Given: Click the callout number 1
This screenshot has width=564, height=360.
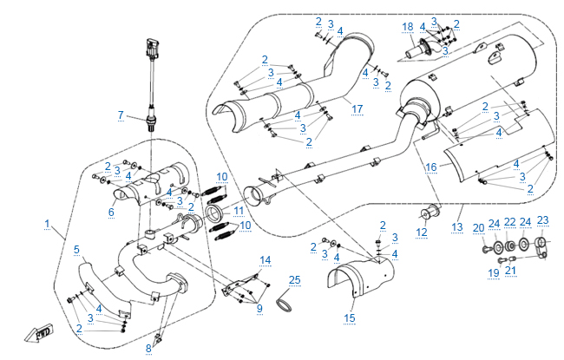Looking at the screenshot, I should (x=47, y=223).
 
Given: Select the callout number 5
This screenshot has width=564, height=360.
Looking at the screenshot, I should (x=76, y=251).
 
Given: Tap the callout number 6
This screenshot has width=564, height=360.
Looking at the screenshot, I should (x=111, y=211).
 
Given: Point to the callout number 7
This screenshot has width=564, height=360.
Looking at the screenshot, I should (x=121, y=115).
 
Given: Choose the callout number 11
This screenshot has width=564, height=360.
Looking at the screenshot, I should (x=239, y=209).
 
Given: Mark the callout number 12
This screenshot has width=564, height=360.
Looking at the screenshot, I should (x=422, y=232).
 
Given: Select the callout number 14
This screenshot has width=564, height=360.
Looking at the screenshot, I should (x=266, y=259).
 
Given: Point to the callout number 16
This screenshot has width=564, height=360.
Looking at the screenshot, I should (x=430, y=164).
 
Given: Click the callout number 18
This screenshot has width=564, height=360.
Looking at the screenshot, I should (x=408, y=27).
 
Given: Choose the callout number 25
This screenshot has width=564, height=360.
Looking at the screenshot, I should (x=294, y=279).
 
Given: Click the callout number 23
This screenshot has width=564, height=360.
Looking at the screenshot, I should (x=543, y=219).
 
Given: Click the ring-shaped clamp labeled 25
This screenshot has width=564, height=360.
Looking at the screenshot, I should (x=283, y=299).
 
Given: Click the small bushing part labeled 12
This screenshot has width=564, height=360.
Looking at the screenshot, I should (x=427, y=213).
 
